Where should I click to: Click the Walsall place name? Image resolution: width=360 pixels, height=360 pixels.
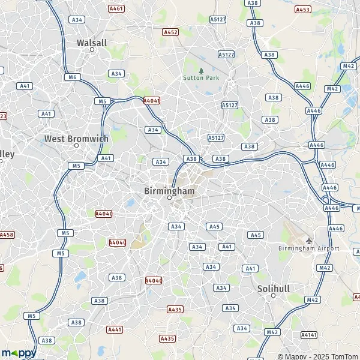[92, 43]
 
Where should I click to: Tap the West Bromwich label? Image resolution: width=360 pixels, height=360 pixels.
[76, 139]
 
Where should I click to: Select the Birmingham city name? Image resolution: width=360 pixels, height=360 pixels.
[170, 190]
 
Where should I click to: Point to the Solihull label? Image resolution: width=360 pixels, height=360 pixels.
[273, 289]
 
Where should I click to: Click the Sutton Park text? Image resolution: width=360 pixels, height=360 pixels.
[201, 78]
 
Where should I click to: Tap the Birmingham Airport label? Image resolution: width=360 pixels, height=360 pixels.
[308, 248]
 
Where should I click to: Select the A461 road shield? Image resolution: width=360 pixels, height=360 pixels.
[116, 9]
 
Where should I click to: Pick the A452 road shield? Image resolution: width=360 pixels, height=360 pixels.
[170, 32]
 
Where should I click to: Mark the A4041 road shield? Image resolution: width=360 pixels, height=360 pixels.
[152, 101]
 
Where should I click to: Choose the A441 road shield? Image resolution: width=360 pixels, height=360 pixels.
[114, 329]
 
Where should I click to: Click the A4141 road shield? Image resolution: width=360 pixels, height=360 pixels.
[308, 335]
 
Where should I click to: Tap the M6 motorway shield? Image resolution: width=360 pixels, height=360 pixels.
[73, 77]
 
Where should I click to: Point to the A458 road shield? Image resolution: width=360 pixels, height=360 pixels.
[6, 235]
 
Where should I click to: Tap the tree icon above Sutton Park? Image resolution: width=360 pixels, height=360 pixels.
[201, 70]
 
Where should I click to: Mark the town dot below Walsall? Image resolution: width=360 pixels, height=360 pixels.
[92, 50]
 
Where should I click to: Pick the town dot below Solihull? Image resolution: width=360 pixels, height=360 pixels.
[273, 296]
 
